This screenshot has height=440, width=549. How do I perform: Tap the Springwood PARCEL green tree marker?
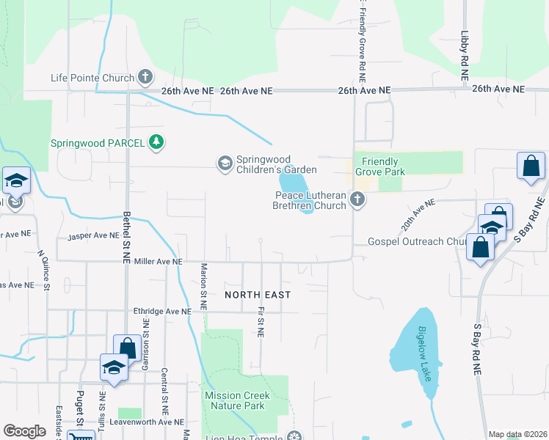coord(156,142)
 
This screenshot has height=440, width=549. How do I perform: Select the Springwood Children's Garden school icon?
coord(225,163)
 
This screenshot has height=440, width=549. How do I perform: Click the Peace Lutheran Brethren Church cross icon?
coord(357,199)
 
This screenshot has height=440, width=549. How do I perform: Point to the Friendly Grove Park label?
coord(379,166)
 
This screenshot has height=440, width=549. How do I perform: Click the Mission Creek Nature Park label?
coord(238,400)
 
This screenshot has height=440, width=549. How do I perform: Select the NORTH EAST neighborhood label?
coord(258,295)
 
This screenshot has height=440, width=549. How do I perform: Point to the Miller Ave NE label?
coord(157,262)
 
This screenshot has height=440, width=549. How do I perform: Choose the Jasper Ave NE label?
coord(93,236)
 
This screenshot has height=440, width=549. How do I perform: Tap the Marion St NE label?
coord(203,285)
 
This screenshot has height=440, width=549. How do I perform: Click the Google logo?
coord(25,431)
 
